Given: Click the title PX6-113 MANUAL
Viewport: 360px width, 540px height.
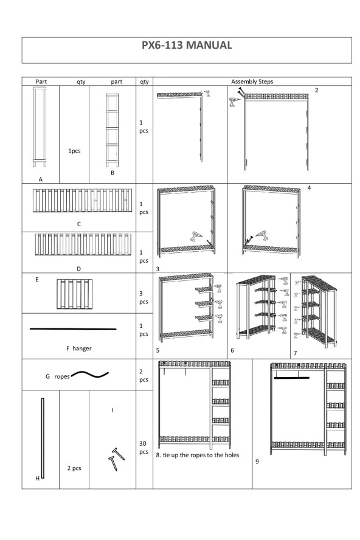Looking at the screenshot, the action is point(187,45).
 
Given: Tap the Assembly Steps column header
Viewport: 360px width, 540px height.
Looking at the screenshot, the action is point(252,81).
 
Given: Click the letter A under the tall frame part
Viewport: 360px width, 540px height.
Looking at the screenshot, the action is point(41,179).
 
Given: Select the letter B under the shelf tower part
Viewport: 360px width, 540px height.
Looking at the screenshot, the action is point(112,173).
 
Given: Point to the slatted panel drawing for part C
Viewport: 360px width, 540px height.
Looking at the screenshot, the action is point(82,200).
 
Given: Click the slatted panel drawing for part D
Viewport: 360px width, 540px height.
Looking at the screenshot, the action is point(83,244).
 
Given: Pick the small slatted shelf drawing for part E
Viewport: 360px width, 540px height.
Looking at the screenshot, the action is point(74,294).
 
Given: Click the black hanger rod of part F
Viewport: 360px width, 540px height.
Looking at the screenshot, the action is point(73,329).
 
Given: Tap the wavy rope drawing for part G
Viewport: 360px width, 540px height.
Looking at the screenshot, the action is point(89,374).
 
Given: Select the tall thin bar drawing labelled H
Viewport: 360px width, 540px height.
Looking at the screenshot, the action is point(43,438).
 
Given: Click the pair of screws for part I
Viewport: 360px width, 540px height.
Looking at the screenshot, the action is point(116,459).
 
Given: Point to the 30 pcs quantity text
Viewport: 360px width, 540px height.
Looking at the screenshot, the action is point(144,448).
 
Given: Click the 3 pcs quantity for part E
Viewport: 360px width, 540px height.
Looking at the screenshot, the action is point(144,297).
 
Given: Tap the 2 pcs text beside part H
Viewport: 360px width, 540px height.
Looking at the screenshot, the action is point(74,468).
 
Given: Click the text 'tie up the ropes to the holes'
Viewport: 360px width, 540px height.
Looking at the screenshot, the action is point(201,455).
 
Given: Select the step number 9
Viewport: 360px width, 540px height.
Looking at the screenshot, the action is point(257,462).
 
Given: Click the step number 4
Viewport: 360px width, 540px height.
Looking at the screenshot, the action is point(309,188).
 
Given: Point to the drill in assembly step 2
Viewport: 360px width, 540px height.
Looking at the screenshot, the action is point(234,102).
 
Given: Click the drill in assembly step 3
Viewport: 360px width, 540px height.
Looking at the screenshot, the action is point(196,236).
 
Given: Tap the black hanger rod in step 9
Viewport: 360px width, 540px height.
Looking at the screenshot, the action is point(292,378).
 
